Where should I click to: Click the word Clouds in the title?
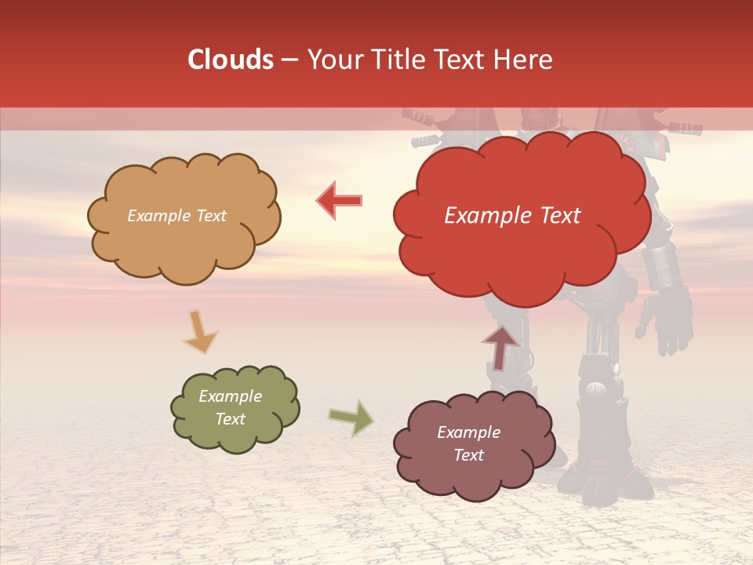tap(231, 60)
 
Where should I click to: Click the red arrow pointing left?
tap(340, 201)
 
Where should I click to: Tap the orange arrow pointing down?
tap(199, 332)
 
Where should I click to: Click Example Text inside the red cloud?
tap(512, 216)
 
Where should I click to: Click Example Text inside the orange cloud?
tap(176, 216)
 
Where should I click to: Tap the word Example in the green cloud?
tap(230, 396)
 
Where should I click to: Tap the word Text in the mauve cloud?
tap(468, 455)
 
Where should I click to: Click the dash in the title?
tap(289, 60)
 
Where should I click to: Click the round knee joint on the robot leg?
tap(596, 387)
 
